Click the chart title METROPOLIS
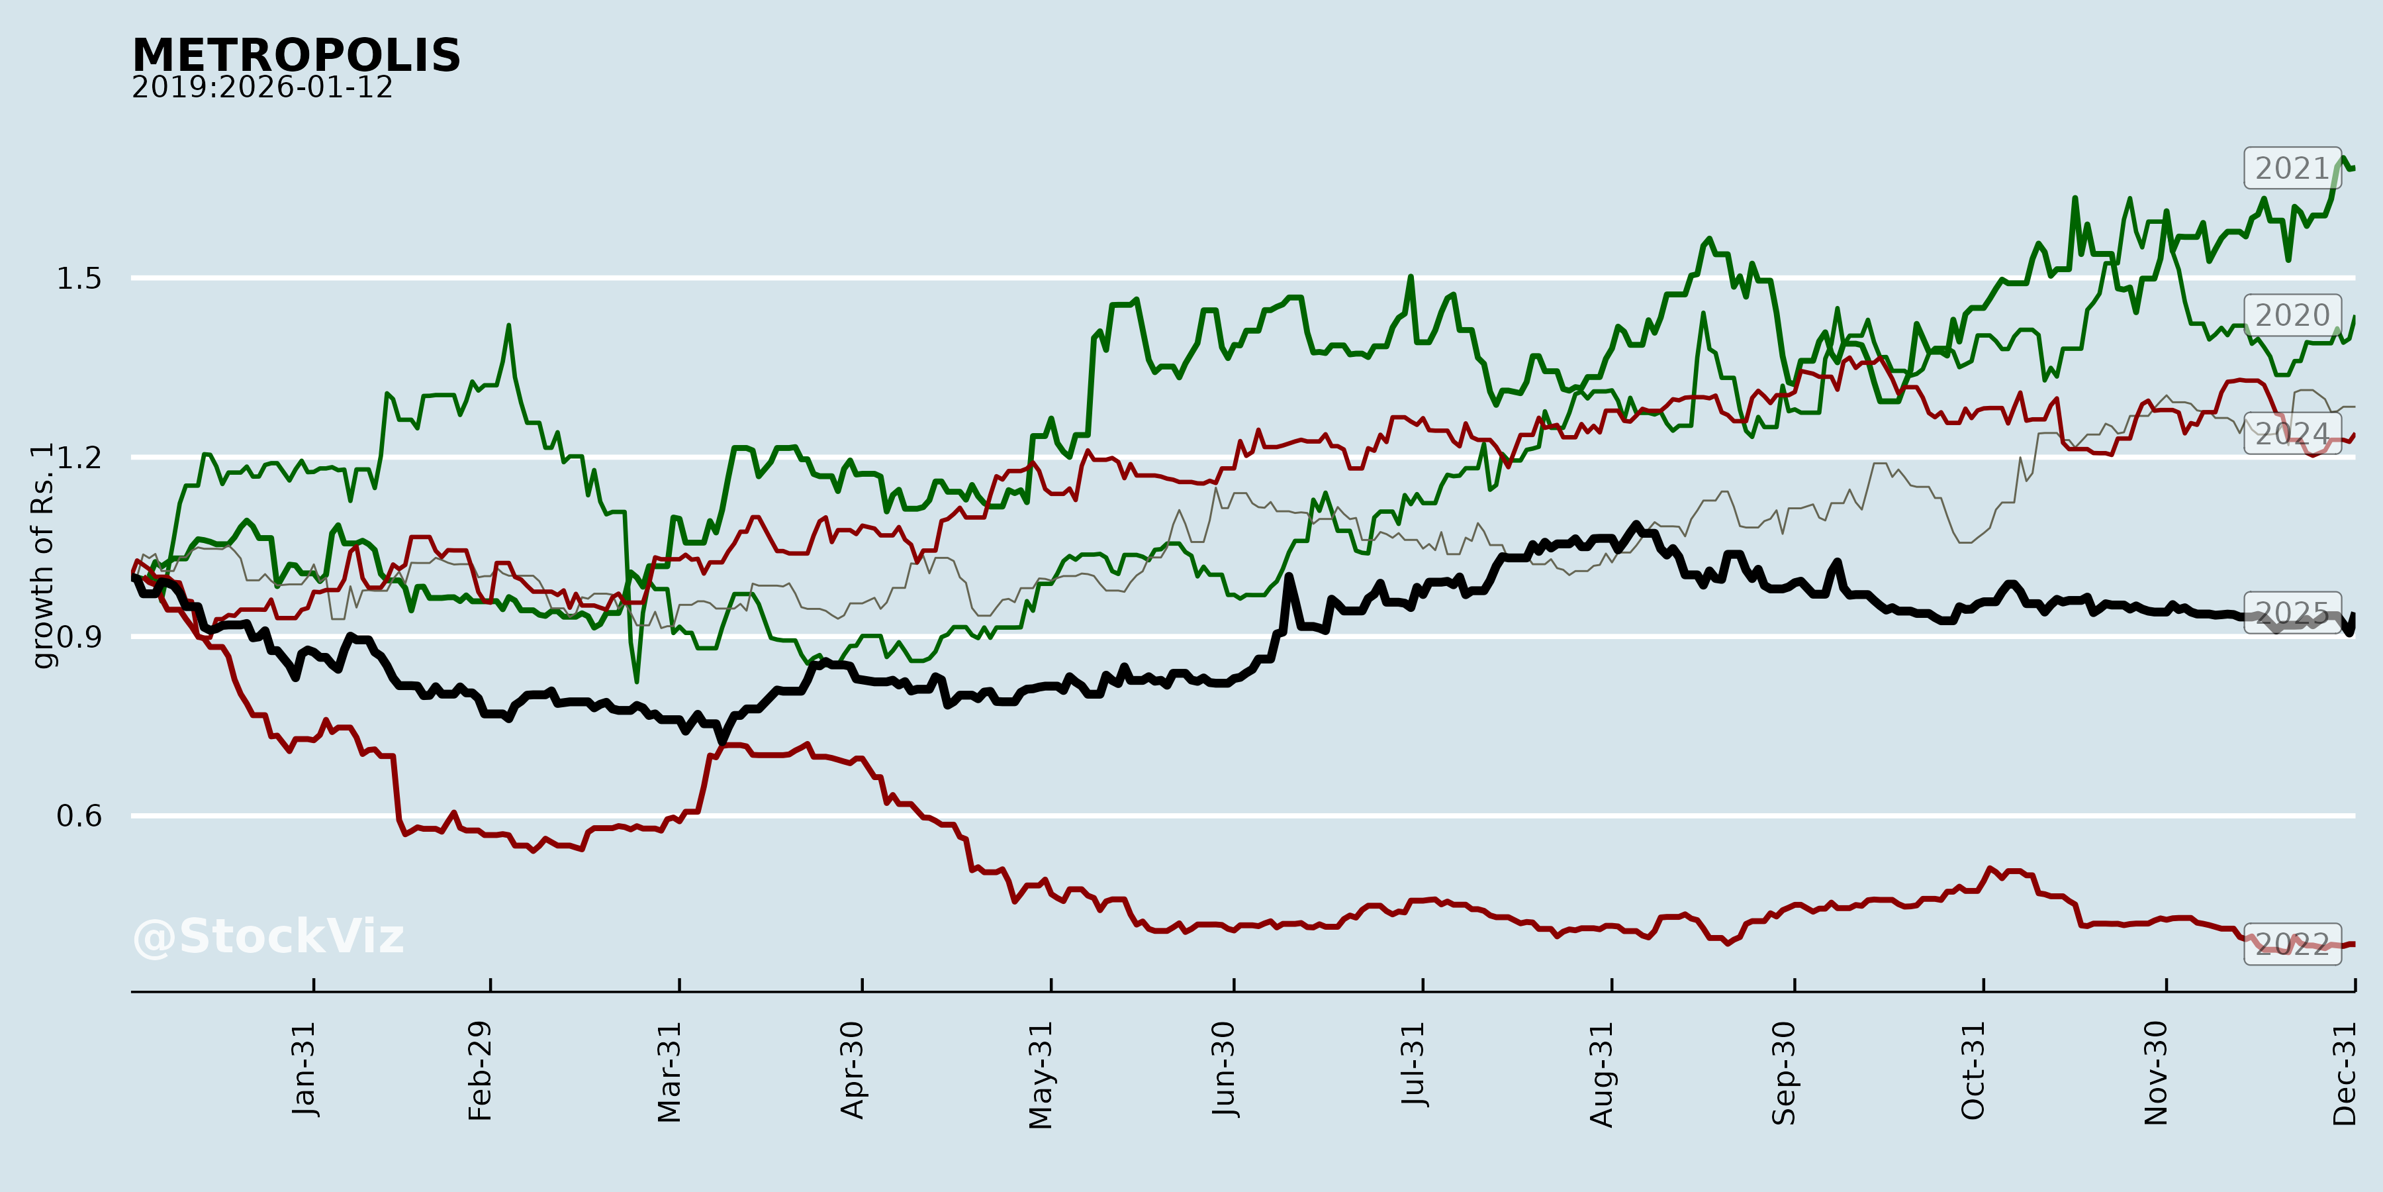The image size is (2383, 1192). coord(296,56)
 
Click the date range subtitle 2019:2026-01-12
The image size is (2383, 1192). coord(261,88)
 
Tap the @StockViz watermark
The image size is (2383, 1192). coord(268,936)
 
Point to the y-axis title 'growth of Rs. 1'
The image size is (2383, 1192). coord(42,556)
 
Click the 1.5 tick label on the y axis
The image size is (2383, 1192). coord(79,279)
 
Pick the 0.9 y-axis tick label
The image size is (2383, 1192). coord(79,636)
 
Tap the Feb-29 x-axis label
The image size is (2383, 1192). coord(480,1071)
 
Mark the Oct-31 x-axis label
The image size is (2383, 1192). coord(1973,1071)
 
